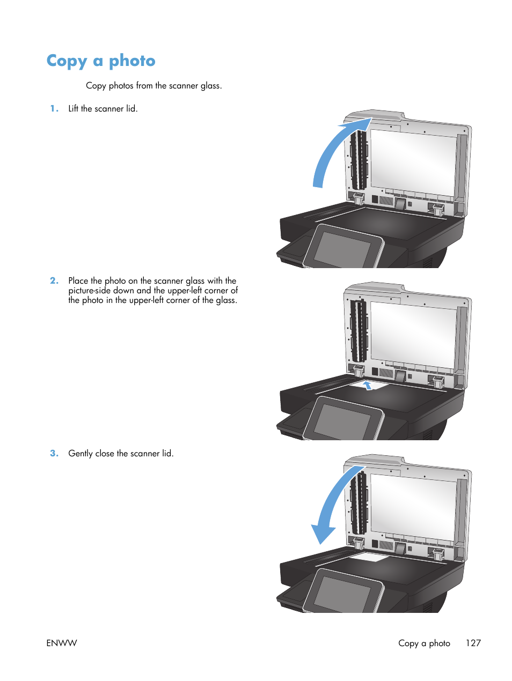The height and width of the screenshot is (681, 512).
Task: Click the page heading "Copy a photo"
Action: tap(101, 61)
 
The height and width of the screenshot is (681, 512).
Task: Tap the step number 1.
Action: tap(54, 109)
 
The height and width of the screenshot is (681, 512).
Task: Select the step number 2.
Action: tap(54, 281)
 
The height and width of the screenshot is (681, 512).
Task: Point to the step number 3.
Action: tap(54, 454)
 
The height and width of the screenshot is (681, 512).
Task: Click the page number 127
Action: tap(473, 643)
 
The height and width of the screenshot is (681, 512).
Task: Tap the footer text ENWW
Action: tap(62, 643)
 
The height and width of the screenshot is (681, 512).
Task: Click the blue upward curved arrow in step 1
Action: tap(333, 150)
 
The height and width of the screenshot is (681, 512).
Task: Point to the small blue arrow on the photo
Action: tap(368, 385)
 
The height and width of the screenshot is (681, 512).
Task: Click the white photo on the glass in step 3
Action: tap(369, 558)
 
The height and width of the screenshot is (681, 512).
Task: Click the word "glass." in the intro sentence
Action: tap(211, 86)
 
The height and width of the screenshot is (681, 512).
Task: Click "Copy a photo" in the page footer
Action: tap(424, 643)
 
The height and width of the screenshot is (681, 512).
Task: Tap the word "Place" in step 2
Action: tap(78, 281)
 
